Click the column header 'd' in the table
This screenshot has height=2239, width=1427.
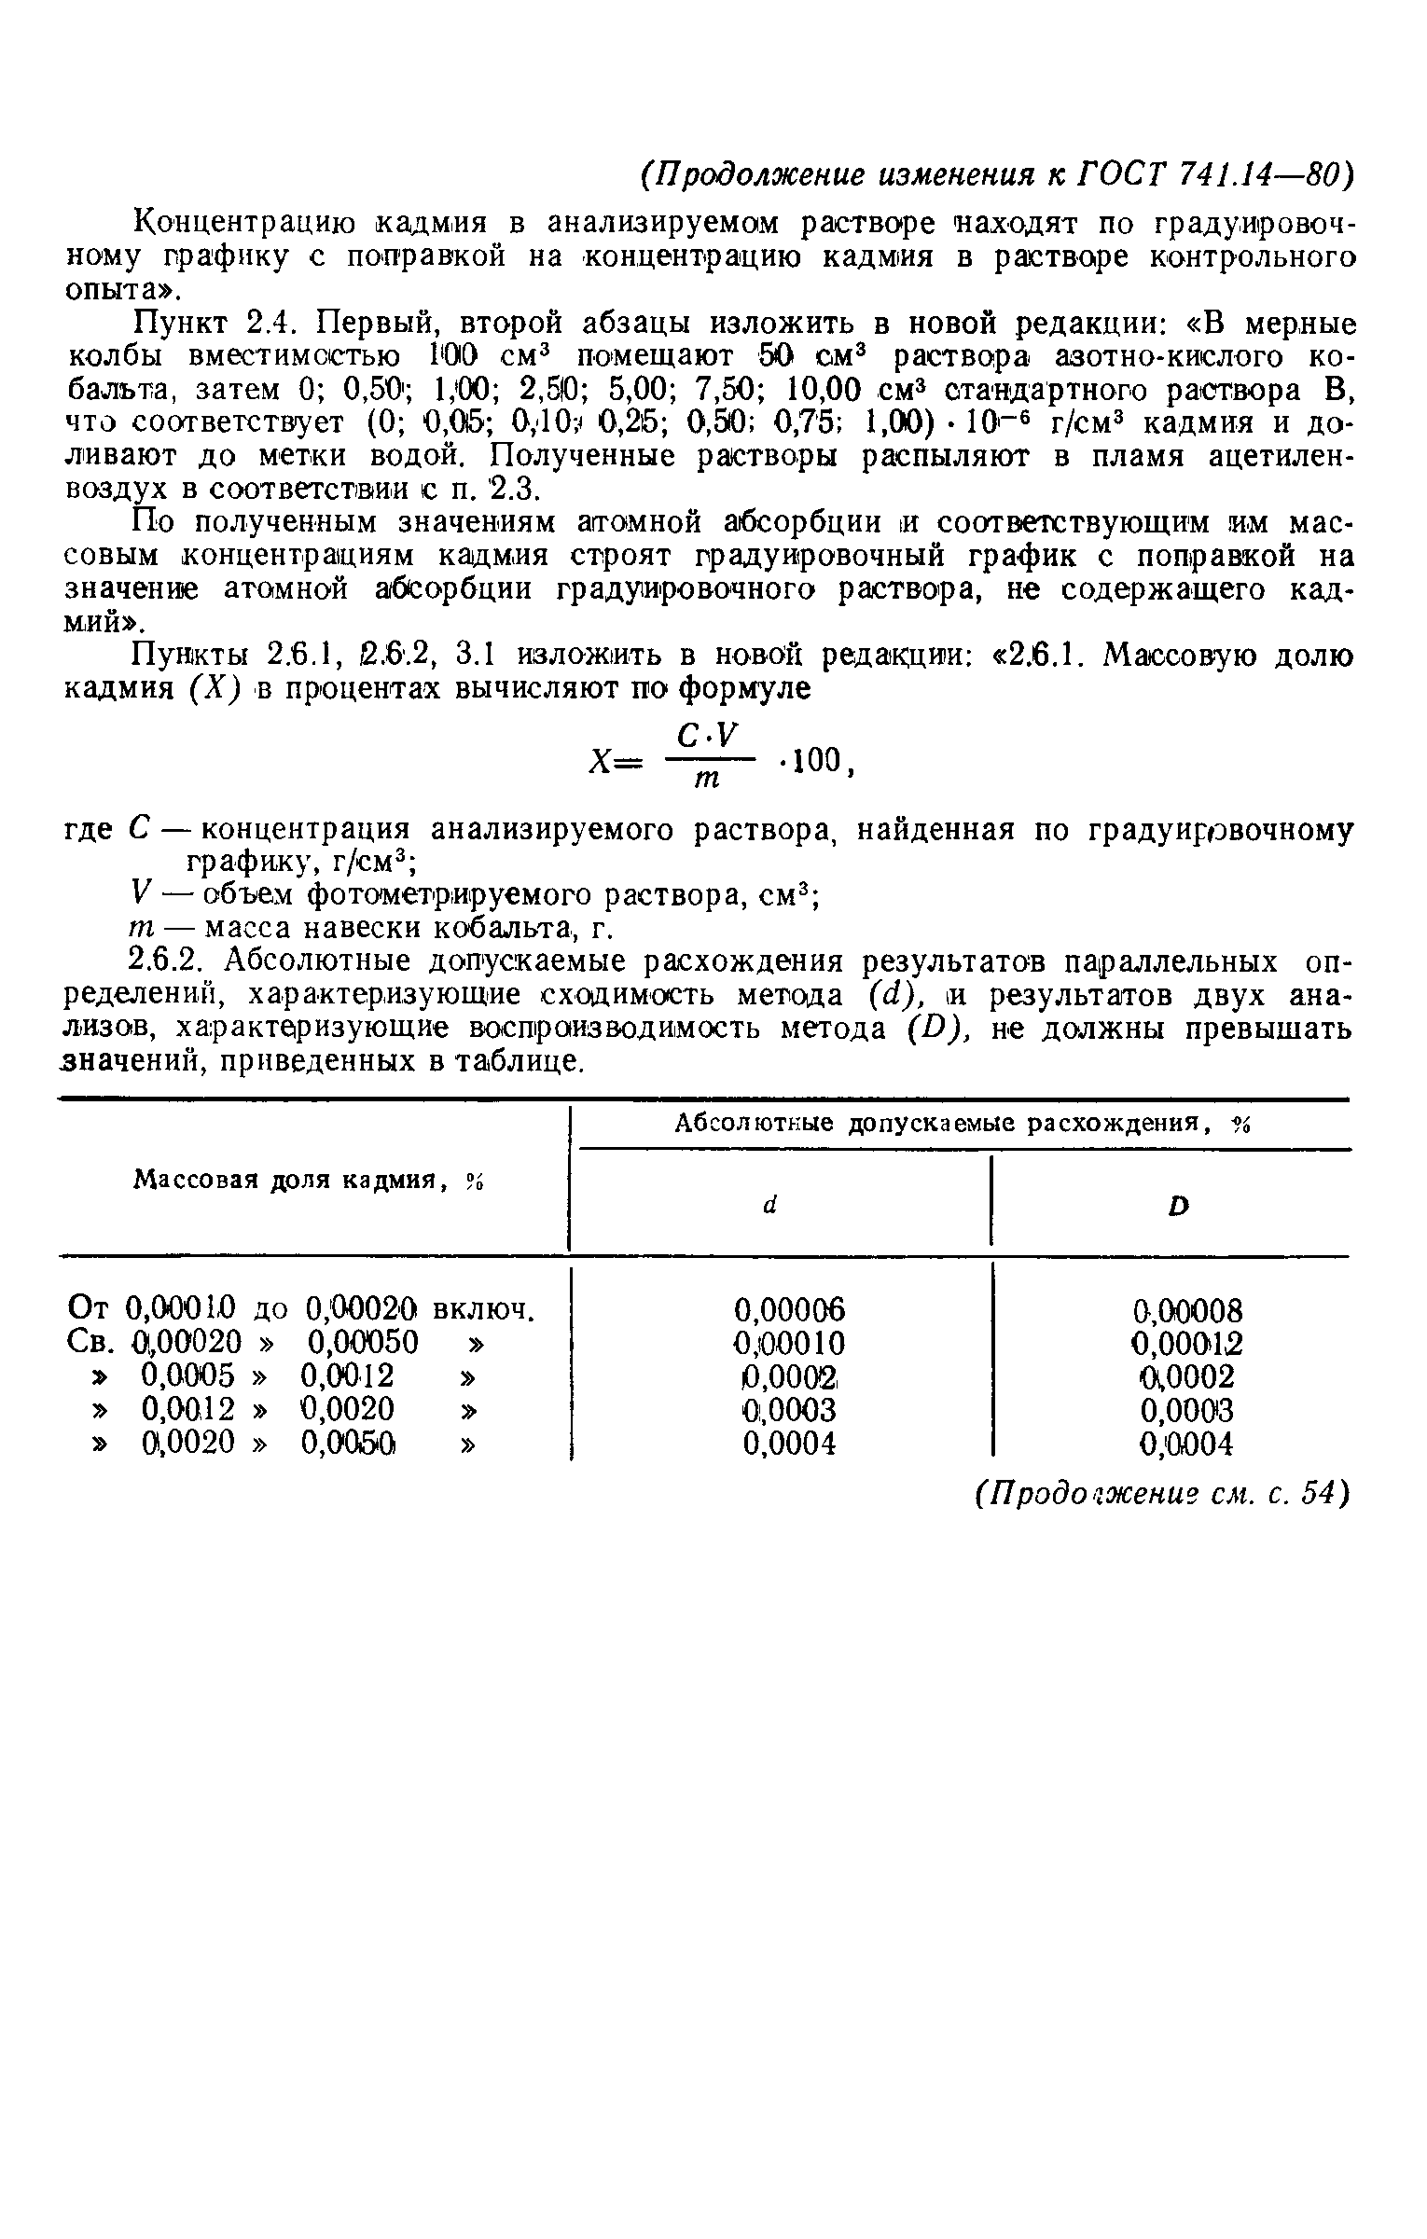(x=769, y=1205)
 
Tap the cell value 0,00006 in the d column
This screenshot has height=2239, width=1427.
(x=790, y=1311)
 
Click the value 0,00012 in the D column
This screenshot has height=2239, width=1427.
(x=1187, y=1344)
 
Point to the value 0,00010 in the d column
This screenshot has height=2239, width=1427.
(x=790, y=1344)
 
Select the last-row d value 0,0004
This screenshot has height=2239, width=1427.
(x=790, y=1444)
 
